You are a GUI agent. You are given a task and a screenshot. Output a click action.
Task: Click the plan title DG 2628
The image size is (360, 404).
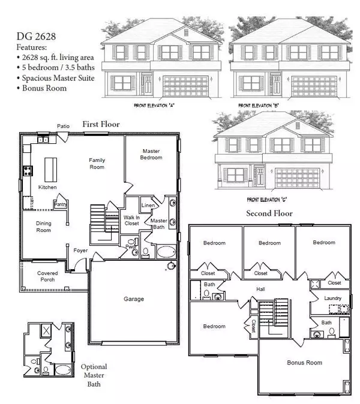[x=40, y=27]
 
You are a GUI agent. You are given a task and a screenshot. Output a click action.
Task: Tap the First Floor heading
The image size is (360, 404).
[x=98, y=124]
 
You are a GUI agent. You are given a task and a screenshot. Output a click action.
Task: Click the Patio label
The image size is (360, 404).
[x=64, y=126]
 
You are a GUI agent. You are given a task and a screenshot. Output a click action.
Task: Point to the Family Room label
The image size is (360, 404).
[x=97, y=163]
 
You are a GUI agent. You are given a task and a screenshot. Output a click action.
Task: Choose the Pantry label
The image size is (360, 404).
[x=60, y=204]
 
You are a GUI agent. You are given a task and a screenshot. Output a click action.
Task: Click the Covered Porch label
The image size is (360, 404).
[x=47, y=276]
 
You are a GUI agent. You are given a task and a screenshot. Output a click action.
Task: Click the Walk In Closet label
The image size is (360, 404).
[x=132, y=221]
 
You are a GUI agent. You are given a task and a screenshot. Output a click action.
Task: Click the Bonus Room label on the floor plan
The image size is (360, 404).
[x=304, y=362]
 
